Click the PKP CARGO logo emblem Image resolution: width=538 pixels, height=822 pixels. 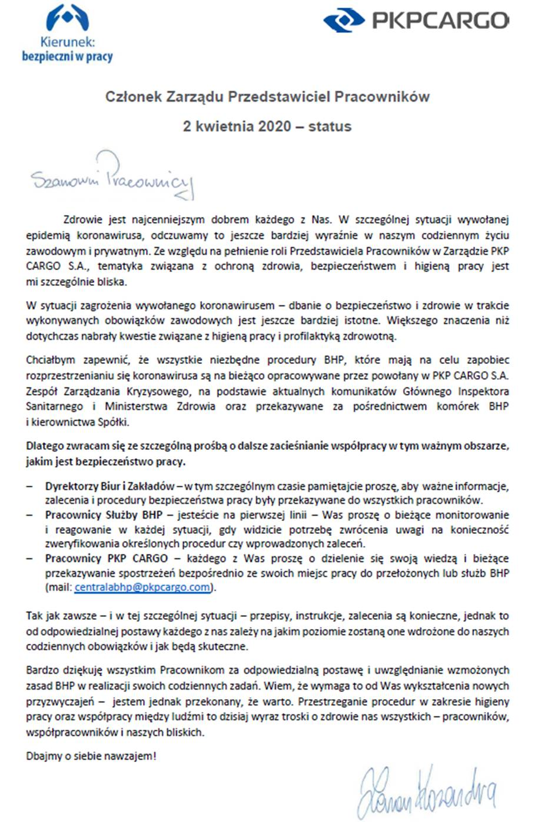[x=343, y=22]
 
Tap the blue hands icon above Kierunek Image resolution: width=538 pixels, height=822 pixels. [x=68, y=18]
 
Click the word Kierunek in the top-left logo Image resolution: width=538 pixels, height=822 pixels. [x=68, y=42]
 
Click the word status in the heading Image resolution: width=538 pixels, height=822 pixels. [x=330, y=126]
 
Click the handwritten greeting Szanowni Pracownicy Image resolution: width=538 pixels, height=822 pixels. [x=112, y=176]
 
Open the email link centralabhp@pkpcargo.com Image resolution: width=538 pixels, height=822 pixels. [x=142, y=587]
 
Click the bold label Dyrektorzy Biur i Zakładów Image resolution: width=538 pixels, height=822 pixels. [x=109, y=486]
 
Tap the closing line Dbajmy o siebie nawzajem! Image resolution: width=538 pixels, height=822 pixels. [x=91, y=756]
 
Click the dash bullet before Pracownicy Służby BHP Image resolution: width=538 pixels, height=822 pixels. [x=30, y=514]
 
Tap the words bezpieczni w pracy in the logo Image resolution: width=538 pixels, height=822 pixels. [x=67, y=56]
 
